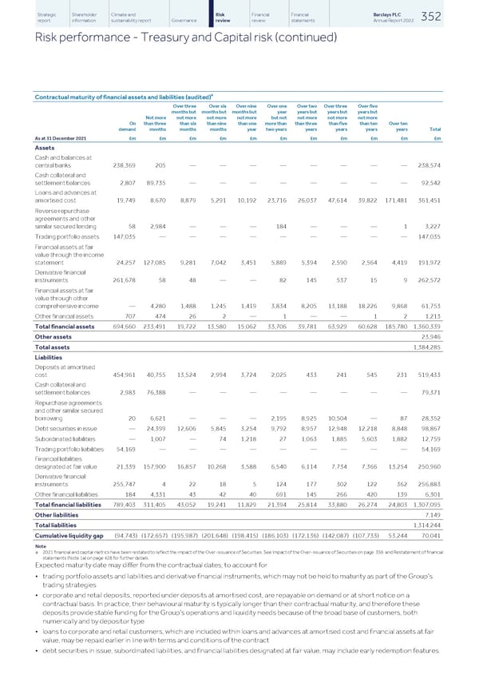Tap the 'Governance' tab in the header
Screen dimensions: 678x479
point(184,19)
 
